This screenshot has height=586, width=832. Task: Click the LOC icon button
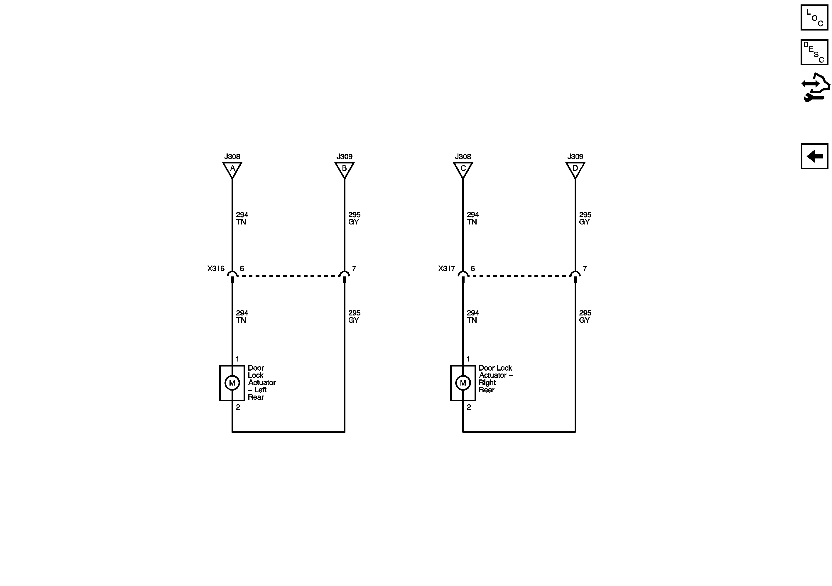(814, 17)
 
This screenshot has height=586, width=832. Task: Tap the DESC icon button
(814, 52)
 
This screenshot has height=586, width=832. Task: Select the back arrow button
(814, 156)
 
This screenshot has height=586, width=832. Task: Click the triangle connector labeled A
(232, 169)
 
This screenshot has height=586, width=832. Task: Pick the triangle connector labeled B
(344, 169)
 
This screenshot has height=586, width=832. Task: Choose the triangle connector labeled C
(463, 169)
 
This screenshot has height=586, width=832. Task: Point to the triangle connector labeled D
(575, 169)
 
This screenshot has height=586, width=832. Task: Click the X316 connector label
(216, 268)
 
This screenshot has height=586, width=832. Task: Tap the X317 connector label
(447, 268)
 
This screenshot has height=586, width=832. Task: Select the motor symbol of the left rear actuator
(232, 383)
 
